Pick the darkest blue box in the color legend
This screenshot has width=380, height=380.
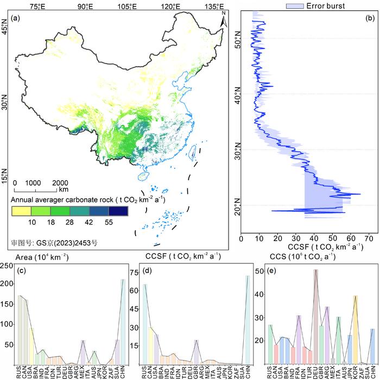118,211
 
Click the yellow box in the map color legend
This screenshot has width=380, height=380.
21,211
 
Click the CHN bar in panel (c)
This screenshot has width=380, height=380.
122,321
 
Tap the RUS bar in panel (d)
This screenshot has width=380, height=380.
144,324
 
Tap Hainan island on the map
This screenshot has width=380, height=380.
144,176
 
